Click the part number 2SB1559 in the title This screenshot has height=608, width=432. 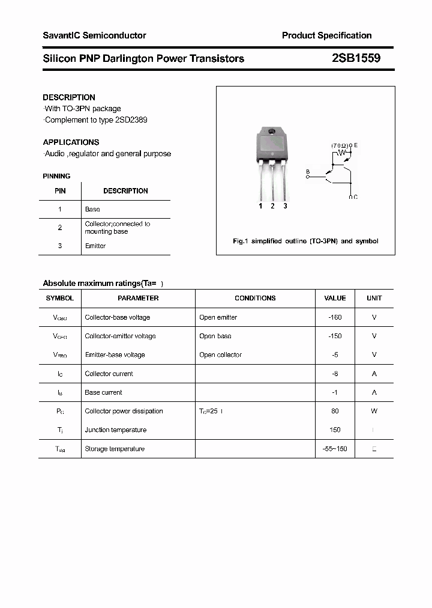tap(355, 58)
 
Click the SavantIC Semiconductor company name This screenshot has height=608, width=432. tap(94, 35)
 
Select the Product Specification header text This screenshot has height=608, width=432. tap(326, 35)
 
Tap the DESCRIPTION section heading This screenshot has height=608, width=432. tap(69, 97)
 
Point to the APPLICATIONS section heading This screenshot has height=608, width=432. tap(71, 142)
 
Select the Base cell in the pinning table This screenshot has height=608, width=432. tap(92, 209)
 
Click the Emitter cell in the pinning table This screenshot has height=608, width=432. tap(95, 246)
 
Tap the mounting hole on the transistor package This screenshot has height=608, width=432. tap(272, 132)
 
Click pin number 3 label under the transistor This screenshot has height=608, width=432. tap(285, 206)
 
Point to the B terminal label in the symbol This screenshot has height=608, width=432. tap(308, 172)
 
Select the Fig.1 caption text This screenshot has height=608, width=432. tap(305, 241)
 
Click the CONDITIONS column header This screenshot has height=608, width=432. tap(255, 298)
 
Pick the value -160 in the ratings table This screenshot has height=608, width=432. tap(335, 317)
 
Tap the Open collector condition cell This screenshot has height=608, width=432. tap(220, 354)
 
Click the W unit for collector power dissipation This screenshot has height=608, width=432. tap(374, 411)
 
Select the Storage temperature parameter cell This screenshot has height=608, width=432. tap(115, 449)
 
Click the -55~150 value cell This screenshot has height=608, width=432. tap(335, 449)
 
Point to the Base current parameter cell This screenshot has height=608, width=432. tap(103, 392)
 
